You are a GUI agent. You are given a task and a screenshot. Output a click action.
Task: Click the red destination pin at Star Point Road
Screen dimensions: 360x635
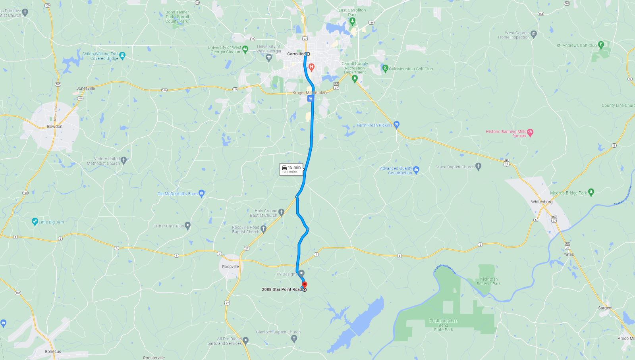(305, 285)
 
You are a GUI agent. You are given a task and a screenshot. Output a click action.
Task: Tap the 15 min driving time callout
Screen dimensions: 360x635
(291, 169)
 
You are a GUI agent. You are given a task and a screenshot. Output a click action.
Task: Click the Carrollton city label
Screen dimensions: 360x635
(296, 54)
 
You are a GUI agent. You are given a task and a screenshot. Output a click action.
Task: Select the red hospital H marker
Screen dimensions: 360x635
(311, 67)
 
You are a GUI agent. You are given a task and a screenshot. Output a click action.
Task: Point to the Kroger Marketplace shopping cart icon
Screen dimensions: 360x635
(311, 98)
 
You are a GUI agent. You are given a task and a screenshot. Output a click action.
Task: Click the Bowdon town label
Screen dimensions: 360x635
(55, 126)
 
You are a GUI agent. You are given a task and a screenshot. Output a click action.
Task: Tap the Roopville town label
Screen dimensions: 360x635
(230, 266)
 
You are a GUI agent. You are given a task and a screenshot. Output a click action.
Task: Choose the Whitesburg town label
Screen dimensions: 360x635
(542, 202)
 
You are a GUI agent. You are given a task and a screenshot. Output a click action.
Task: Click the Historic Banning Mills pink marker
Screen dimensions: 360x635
(531, 132)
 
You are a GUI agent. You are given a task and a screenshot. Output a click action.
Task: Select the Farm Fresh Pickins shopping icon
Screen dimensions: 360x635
(396, 125)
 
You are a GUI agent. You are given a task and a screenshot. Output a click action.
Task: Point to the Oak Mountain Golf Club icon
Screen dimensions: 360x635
(385, 68)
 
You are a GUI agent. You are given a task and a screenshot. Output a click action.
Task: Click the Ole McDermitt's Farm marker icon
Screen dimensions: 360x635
(201, 193)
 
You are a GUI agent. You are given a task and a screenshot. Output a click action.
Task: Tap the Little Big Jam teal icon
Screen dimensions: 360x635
(35, 222)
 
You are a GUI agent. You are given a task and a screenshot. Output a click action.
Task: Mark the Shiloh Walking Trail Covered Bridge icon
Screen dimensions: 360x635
(122, 56)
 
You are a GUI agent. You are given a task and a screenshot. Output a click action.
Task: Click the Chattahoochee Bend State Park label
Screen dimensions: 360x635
(443, 325)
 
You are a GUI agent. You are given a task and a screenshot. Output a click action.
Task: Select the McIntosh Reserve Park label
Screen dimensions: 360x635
(488, 281)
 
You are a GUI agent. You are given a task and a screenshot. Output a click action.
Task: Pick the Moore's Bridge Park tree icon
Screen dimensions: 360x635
(591, 193)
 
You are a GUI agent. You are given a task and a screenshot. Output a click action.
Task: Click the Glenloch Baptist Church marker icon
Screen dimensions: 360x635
(294, 338)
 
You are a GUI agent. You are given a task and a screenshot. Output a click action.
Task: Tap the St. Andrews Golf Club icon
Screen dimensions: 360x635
(601, 45)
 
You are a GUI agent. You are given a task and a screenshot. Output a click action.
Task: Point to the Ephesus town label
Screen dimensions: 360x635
(53, 351)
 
